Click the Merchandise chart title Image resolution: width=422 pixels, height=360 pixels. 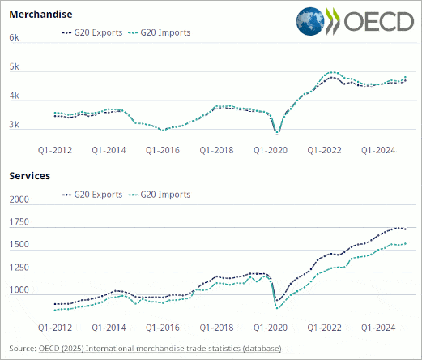(40, 15)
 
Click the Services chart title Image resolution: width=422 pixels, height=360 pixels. (30, 176)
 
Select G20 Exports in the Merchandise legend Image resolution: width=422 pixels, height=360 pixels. (92, 32)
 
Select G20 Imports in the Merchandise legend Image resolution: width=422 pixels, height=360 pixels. (159, 32)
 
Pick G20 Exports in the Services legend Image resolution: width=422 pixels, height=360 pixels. (92, 195)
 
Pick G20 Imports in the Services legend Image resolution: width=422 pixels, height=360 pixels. (159, 195)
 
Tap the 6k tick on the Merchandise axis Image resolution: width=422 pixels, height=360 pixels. (14, 37)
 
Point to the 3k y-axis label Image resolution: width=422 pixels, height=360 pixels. (14, 125)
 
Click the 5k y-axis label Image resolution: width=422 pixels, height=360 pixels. (14, 66)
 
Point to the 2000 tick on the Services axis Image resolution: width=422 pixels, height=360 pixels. (19, 199)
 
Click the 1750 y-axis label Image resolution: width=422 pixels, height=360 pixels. (19, 222)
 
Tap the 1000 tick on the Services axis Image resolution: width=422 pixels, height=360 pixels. (19, 289)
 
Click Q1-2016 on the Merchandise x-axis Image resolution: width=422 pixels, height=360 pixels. (163, 150)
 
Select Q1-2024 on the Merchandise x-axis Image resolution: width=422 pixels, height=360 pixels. (378, 150)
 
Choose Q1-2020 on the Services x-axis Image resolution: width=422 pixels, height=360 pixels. (271, 328)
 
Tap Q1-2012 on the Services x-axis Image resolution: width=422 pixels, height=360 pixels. (55, 328)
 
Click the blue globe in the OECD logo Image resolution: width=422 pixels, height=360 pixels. (310, 21)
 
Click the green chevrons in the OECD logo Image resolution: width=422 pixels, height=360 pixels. (333, 21)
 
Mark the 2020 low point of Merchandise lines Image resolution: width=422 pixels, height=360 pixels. (277, 132)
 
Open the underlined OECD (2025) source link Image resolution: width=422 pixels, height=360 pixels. (160, 349)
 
